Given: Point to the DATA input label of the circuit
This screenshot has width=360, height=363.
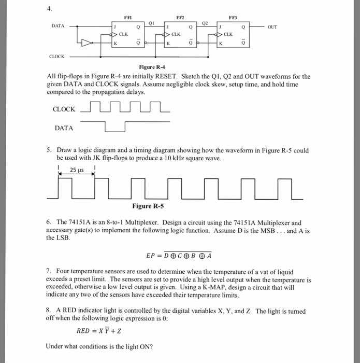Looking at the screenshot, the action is (59, 25).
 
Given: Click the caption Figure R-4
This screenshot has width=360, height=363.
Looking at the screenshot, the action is (151, 67).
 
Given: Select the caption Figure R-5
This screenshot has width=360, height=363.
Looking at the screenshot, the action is (148, 206).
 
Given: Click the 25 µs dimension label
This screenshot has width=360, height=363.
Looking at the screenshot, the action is (77, 170).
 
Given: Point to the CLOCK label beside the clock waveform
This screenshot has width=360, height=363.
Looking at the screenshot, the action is (64, 109).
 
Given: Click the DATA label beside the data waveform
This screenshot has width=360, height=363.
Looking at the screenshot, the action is (64, 128).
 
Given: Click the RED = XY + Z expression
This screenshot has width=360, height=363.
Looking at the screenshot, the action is (98, 330).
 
